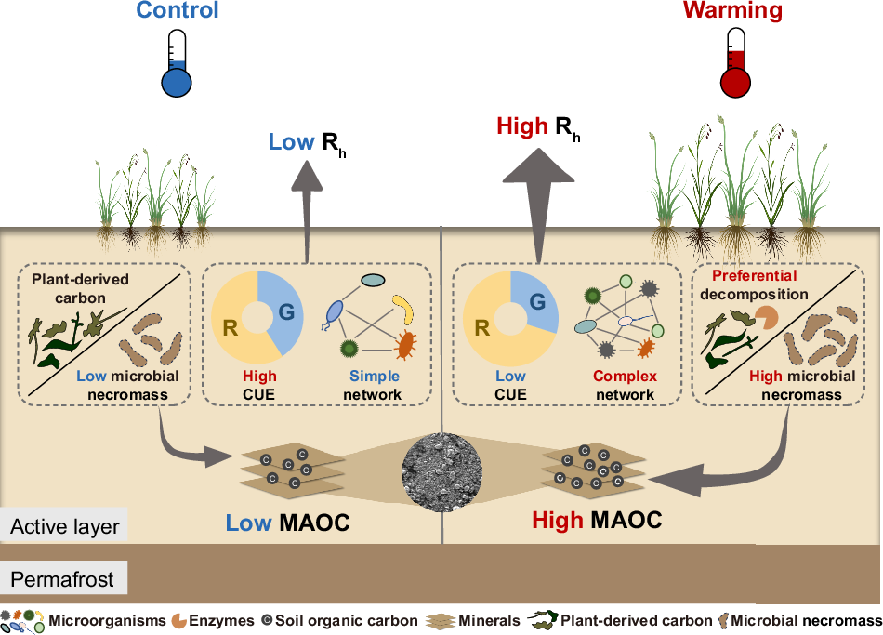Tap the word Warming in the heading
[x=732, y=12]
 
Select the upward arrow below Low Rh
[x=307, y=215]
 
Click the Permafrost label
[x=62, y=580]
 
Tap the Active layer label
[x=65, y=527]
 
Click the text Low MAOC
[x=288, y=523]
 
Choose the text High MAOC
[x=597, y=520]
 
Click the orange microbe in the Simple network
[x=405, y=346]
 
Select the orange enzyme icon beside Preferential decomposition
[x=769, y=319]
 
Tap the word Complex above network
[x=625, y=377]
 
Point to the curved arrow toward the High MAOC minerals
[x=744, y=470]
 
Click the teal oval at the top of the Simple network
[x=373, y=279]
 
